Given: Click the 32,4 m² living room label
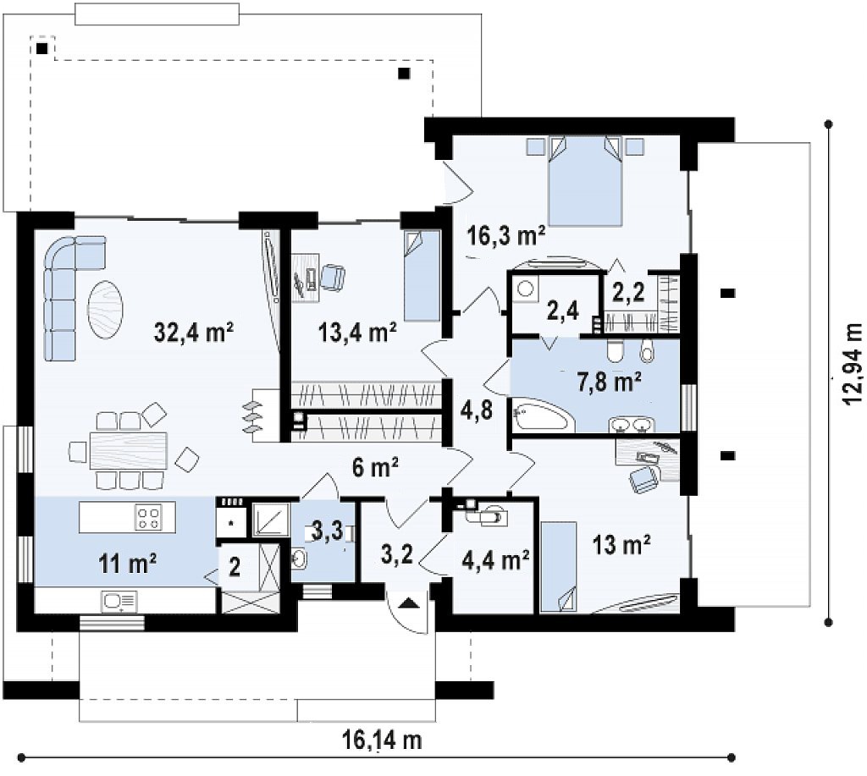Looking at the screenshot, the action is click(x=194, y=333).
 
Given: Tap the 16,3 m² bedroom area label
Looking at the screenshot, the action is click(x=506, y=236).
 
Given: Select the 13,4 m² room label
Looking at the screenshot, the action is click(x=357, y=333).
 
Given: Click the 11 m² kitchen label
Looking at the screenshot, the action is click(x=127, y=564).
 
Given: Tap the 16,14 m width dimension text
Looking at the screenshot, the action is click(x=382, y=740).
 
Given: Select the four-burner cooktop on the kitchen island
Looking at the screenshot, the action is click(x=149, y=517).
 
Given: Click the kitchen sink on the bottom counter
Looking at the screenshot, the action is click(x=119, y=601).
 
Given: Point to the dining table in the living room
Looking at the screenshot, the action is click(x=129, y=450).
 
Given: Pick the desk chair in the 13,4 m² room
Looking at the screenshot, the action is click(x=332, y=277).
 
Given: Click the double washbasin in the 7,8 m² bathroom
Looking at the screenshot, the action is click(x=632, y=426).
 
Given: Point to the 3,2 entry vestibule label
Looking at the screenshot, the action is click(x=397, y=554).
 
